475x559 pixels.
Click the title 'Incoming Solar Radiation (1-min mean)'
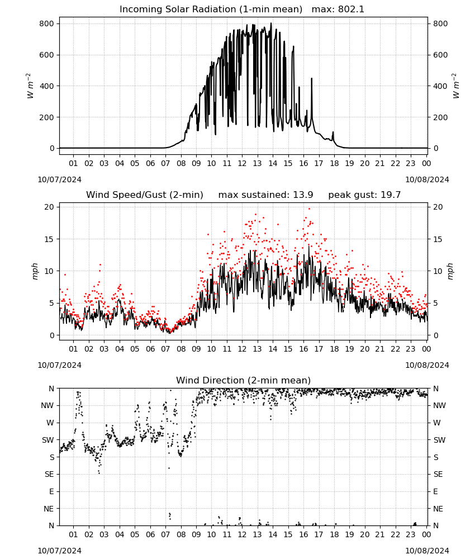(x=211, y=10)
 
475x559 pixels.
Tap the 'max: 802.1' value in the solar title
(x=338, y=10)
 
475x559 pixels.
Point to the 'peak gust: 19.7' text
(x=364, y=195)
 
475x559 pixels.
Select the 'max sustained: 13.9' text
(x=265, y=195)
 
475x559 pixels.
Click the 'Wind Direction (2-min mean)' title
(x=244, y=380)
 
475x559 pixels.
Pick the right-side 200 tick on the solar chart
(x=440, y=117)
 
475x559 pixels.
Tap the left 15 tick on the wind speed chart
(x=49, y=239)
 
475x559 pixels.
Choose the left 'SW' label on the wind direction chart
(x=48, y=440)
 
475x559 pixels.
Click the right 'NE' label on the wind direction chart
(x=438, y=509)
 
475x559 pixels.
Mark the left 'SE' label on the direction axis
(x=49, y=474)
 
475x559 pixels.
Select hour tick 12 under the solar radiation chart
(x=242, y=163)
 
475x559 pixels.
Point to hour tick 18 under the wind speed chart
(x=334, y=349)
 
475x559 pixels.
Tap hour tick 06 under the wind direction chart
(x=150, y=534)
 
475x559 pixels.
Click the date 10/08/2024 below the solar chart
(x=427, y=179)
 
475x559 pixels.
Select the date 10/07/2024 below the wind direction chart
(x=59, y=551)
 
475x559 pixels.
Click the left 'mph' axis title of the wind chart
(x=35, y=271)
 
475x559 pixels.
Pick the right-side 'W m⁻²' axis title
(x=456, y=86)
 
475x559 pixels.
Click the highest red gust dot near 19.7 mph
(x=309, y=209)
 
